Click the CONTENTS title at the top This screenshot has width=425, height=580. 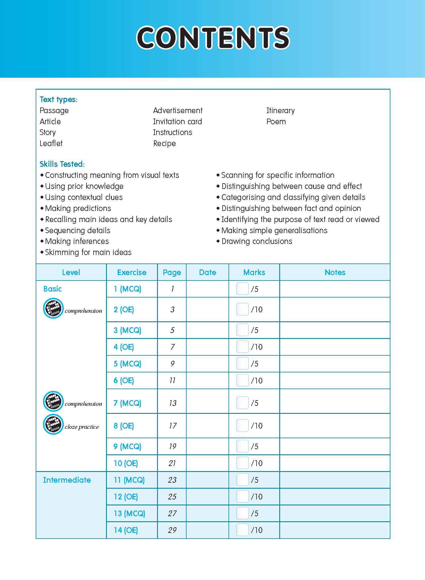pyautogui.click(x=213, y=37)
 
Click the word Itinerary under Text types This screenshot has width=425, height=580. pyautogui.click(x=280, y=111)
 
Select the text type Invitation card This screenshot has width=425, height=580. pyautogui.click(x=177, y=122)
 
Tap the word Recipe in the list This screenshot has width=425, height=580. pyautogui.click(x=164, y=144)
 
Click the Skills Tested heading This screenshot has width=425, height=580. pyautogui.click(x=62, y=164)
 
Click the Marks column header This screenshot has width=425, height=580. pyautogui.click(x=254, y=273)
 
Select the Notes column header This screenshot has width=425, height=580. pyautogui.click(x=335, y=273)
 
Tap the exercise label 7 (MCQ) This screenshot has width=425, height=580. pyautogui.click(x=127, y=403)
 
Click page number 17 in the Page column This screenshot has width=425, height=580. pyautogui.click(x=172, y=426)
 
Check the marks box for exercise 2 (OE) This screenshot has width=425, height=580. pyautogui.click(x=242, y=309)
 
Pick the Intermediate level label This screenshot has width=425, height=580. pyautogui.click(x=67, y=480)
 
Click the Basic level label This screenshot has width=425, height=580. pyautogui.click(x=52, y=289)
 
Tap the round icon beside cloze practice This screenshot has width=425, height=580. pyautogui.click(x=53, y=425)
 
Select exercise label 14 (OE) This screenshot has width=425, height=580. pyautogui.click(x=126, y=530)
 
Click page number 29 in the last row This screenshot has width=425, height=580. pyautogui.click(x=172, y=530)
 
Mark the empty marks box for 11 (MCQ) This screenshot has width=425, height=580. pyautogui.click(x=242, y=480)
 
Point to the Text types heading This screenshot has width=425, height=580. pyautogui.click(x=58, y=100)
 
